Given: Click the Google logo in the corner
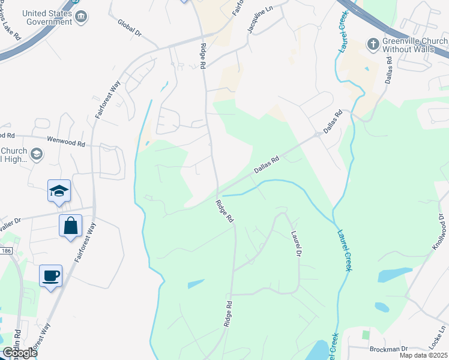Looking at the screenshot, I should (20, 353).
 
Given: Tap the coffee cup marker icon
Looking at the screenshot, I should (50, 276).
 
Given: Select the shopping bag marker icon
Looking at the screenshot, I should (70, 226).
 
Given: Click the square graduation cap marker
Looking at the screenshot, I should (59, 191).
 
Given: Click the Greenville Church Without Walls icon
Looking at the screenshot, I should (373, 44).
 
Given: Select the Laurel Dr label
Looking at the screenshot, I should (295, 244).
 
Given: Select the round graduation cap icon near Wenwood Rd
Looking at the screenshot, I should (37, 155).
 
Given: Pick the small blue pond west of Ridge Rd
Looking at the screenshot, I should (196, 284).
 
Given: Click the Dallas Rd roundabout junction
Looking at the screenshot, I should (317, 135).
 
